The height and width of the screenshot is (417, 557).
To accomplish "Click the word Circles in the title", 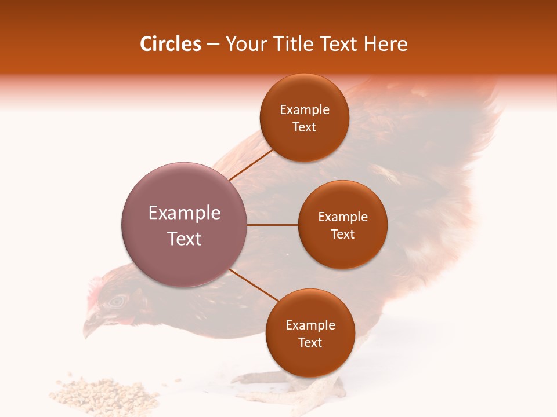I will click(170, 44).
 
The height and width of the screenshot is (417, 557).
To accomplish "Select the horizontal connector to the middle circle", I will click(273, 225).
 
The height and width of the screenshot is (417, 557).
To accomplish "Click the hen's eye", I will click(118, 301).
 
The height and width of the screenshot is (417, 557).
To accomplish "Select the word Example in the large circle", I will click(184, 213).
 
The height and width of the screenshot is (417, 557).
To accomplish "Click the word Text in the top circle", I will click(304, 127).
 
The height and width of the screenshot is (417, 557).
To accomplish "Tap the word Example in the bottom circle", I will click(310, 325).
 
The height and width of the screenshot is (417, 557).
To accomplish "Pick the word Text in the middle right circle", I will click(342, 235).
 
